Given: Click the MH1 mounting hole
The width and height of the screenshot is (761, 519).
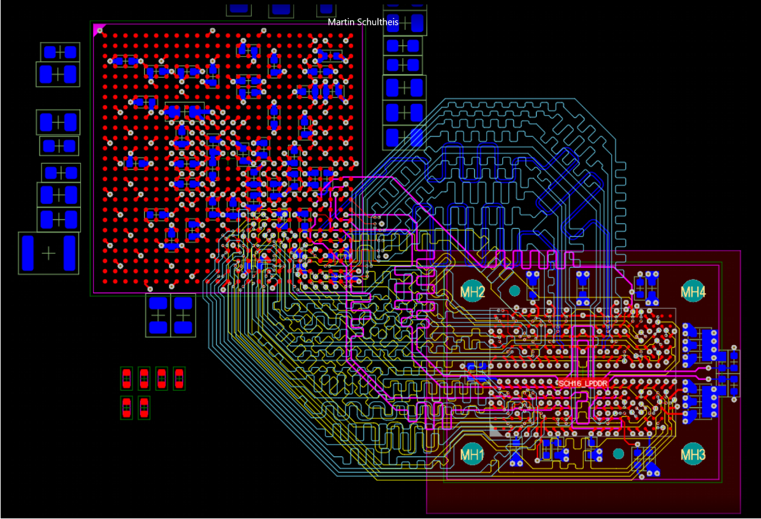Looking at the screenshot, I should pos(473,455).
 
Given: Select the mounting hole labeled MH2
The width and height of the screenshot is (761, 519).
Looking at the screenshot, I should pos(473,292).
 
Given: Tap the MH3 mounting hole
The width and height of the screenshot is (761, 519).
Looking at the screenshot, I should pos(693,455).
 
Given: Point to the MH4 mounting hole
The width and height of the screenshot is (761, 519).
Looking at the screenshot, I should pos(693,292).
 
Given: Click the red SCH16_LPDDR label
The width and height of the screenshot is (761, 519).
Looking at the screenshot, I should pos(583,383).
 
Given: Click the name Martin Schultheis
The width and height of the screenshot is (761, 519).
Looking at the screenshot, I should pos(363,22).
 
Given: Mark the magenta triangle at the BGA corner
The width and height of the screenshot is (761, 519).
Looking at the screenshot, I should pos(99,29).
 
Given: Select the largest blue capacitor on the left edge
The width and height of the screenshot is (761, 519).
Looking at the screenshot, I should pos(48,253).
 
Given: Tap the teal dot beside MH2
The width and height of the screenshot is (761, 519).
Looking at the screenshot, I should pos(514,291).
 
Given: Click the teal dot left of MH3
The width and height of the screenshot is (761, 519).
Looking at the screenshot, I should pos(618,453).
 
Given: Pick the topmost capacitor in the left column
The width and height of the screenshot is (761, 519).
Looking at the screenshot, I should pos(60,52).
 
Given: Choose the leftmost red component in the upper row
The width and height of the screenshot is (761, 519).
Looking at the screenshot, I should pos(126,379).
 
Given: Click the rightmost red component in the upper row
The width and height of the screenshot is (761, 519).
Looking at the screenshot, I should pos(179,379).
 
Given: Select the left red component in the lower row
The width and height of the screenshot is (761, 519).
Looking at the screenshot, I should pos(126,407).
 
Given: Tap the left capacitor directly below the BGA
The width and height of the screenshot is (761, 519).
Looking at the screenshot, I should pos(158,315).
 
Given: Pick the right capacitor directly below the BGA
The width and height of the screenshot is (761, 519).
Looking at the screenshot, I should pos(184,315).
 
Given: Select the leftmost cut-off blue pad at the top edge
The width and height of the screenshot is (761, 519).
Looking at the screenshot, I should pos(238,8).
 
